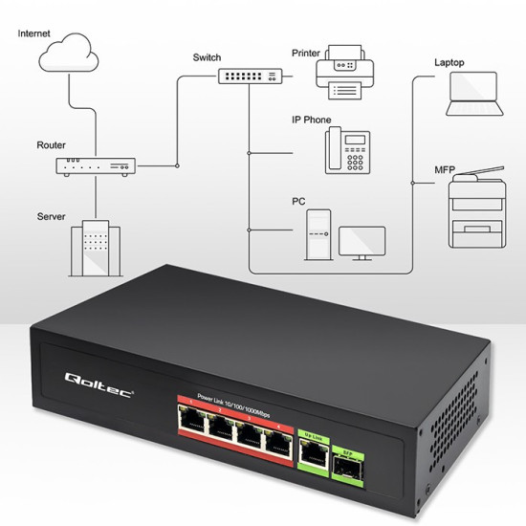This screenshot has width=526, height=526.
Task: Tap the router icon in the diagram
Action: (96, 165)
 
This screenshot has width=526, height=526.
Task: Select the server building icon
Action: (96, 245)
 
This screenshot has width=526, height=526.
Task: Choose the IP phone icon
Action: (346, 150)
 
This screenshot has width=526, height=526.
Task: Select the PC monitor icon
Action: (362, 242)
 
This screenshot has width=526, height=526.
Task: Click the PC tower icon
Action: (318, 234)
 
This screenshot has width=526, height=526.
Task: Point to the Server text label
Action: (52, 217)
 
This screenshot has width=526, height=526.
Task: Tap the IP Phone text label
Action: (312, 121)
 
